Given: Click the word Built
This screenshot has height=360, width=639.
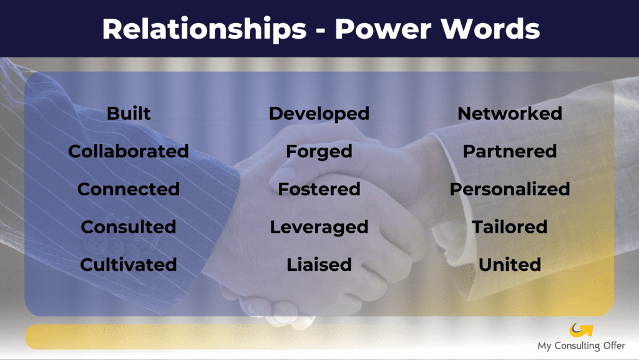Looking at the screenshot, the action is coord(129,113).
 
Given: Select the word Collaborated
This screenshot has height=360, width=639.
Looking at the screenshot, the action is coord(129,151).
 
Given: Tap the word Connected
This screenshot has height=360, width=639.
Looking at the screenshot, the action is coord(129,189).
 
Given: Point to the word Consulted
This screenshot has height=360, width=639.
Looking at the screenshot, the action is coord(129,227).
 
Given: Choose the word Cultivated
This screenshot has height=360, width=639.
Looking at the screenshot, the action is coord(129,265).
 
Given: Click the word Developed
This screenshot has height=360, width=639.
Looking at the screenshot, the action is coord(319,114).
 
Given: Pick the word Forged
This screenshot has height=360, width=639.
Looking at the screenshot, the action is coord(319,152).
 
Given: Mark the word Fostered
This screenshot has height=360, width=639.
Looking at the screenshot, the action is coord(319,189).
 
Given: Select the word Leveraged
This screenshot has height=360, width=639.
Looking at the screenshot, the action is coord(319,227).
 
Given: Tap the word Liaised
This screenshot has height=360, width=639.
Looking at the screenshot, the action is coord(319,265).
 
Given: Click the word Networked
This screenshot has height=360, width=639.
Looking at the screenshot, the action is coord(510,113).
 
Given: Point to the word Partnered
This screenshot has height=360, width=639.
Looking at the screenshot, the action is coord(510,151).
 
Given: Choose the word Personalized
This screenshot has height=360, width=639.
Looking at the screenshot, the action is coord(510,189).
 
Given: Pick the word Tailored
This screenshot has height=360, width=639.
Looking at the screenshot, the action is coord(510,227).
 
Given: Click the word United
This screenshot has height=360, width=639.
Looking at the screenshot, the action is coord(510,265).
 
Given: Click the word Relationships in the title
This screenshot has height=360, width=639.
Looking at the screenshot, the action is coord(204,29).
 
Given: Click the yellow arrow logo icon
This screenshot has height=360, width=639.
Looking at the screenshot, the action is coord(581,330).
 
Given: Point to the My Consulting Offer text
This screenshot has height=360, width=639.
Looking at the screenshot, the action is coord(581,346).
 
